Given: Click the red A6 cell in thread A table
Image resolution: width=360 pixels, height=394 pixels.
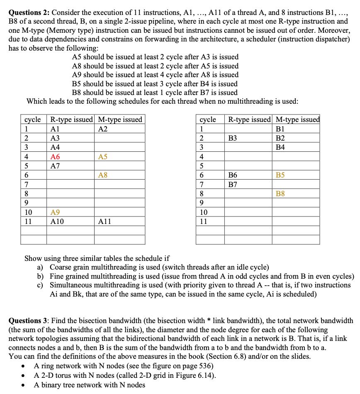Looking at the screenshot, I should click(55, 157).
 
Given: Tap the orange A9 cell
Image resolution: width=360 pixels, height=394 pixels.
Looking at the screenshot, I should click(55, 212).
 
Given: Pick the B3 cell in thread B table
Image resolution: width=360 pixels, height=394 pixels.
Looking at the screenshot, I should click(233, 138).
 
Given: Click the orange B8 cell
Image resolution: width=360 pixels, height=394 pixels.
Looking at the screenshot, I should click(280, 194).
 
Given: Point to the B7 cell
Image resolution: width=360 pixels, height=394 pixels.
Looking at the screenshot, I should click(233, 185).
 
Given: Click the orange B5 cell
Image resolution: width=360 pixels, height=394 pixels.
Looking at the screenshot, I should click(280, 175).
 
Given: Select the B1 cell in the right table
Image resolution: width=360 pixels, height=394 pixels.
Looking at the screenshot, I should click(280, 129).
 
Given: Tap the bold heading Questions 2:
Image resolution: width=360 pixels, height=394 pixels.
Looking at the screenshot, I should click(29, 12).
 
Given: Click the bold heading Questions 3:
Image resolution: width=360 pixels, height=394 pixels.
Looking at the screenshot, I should click(29, 321).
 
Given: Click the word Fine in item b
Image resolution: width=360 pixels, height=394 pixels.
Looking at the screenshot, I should click(57, 277).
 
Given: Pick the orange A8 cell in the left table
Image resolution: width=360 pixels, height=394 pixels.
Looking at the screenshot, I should click(103, 175).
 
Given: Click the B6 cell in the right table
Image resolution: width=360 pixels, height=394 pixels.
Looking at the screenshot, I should click(233, 175).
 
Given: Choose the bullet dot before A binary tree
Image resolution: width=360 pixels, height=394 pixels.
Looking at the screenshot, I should click(26, 385).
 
